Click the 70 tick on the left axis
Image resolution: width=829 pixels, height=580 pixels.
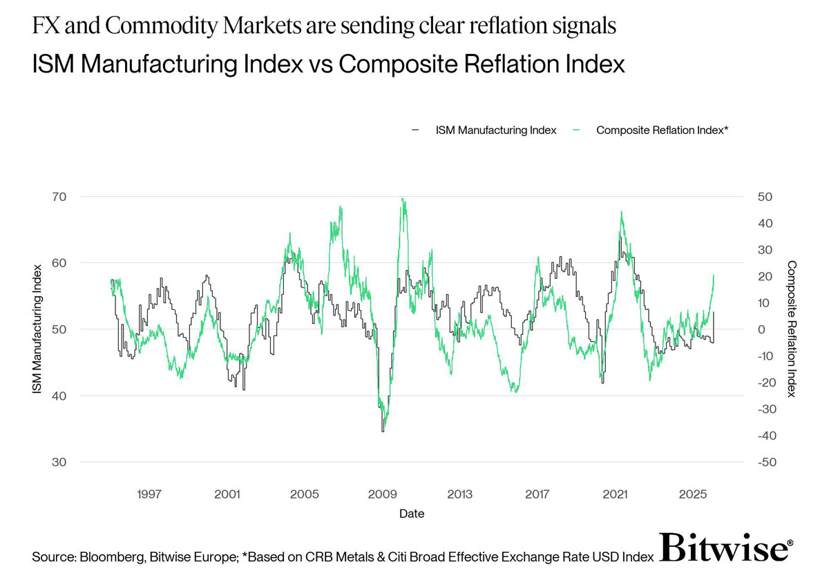coord(59,197)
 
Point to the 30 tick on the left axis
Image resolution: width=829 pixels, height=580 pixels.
coord(59,462)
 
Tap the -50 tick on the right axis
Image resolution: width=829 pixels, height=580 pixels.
coord(767,462)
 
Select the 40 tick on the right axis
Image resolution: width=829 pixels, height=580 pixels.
coord(765,224)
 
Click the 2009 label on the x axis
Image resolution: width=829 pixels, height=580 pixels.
coord(382,494)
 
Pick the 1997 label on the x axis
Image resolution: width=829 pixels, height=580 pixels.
coord(149,494)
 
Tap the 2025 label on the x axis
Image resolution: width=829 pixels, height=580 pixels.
coord(693,494)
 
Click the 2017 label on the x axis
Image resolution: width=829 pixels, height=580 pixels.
coord(537,494)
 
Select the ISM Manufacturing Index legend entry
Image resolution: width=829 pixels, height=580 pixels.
coord(484,130)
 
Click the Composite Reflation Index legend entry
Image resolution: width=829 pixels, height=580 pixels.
coord(650,130)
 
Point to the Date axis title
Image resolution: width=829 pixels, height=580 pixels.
coord(412,514)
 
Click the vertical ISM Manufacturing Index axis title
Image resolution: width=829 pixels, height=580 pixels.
coord(37,329)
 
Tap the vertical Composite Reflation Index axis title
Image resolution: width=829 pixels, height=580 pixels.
coord(791,329)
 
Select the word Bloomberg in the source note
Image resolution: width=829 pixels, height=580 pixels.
coord(112,557)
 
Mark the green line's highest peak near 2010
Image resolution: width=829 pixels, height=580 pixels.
coord(402,199)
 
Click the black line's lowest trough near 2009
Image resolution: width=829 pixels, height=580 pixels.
coord(383,431)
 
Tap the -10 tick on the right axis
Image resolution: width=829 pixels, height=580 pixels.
coord(765,356)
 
